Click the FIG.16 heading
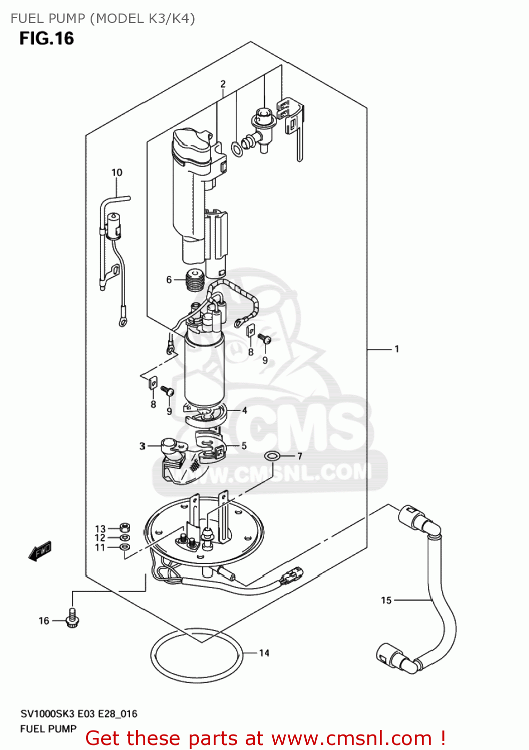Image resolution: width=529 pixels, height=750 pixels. click(x=47, y=38)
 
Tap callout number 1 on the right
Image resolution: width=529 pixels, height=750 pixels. click(x=396, y=349)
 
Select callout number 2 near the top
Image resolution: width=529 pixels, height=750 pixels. click(x=223, y=84)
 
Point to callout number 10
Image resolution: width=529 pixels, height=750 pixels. click(x=117, y=172)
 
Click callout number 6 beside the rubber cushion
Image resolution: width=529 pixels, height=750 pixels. click(x=169, y=279)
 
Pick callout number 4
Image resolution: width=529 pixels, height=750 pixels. click(x=244, y=410)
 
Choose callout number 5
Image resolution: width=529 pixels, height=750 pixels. click(x=244, y=445)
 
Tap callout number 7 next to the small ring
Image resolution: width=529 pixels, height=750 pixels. click(x=299, y=456)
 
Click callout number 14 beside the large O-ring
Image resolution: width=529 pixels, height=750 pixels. click(x=264, y=652)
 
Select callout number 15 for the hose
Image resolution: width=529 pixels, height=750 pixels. click(x=386, y=600)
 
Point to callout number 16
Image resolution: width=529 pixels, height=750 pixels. click(x=44, y=620)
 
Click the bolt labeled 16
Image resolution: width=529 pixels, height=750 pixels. click(x=73, y=619)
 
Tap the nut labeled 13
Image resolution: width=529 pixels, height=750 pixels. click(x=125, y=527)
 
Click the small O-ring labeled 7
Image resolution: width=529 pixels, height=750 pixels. click(x=272, y=456)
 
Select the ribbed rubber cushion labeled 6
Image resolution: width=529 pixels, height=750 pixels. click(x=195, y=280)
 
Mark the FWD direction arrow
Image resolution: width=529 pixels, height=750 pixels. click(x=40, y=551)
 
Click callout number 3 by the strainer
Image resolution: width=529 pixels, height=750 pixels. click(x=142, y=445)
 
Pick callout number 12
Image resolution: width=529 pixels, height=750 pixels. click(x=100, y=538)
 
